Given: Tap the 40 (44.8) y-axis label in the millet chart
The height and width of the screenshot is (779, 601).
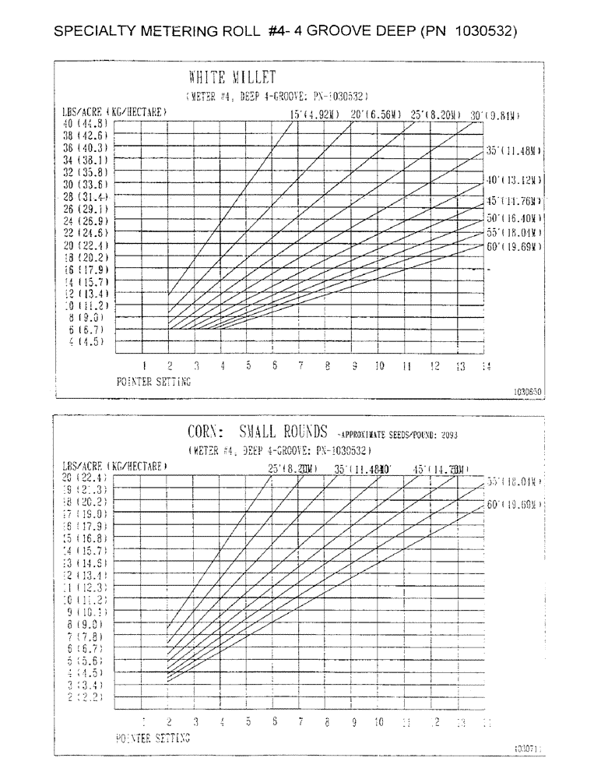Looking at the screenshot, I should [x=87, y=123].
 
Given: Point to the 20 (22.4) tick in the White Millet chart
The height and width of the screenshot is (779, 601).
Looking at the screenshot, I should [x=87, y=245].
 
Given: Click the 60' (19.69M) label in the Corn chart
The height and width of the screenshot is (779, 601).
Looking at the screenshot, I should [x=514, y=505].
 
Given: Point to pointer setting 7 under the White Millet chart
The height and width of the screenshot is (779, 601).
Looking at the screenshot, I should [x=300, y=366].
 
